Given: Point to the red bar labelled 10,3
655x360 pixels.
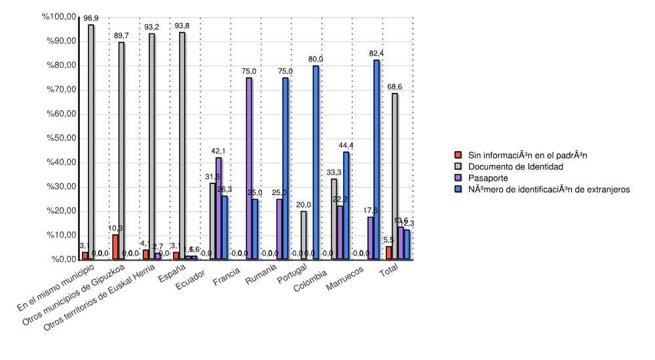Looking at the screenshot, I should (x=115, y=247).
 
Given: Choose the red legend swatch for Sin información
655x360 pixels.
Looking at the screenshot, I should (x=458, y=155).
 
